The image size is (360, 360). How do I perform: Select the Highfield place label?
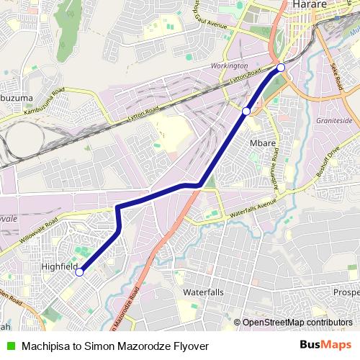[x=60, y=266]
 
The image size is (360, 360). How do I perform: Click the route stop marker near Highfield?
[x=79, y=272]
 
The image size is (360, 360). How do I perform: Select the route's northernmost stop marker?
[x=281, y=68]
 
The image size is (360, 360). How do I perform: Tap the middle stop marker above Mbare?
[x=246, y=111]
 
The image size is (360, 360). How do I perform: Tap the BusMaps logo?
[x=326, y=345]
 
